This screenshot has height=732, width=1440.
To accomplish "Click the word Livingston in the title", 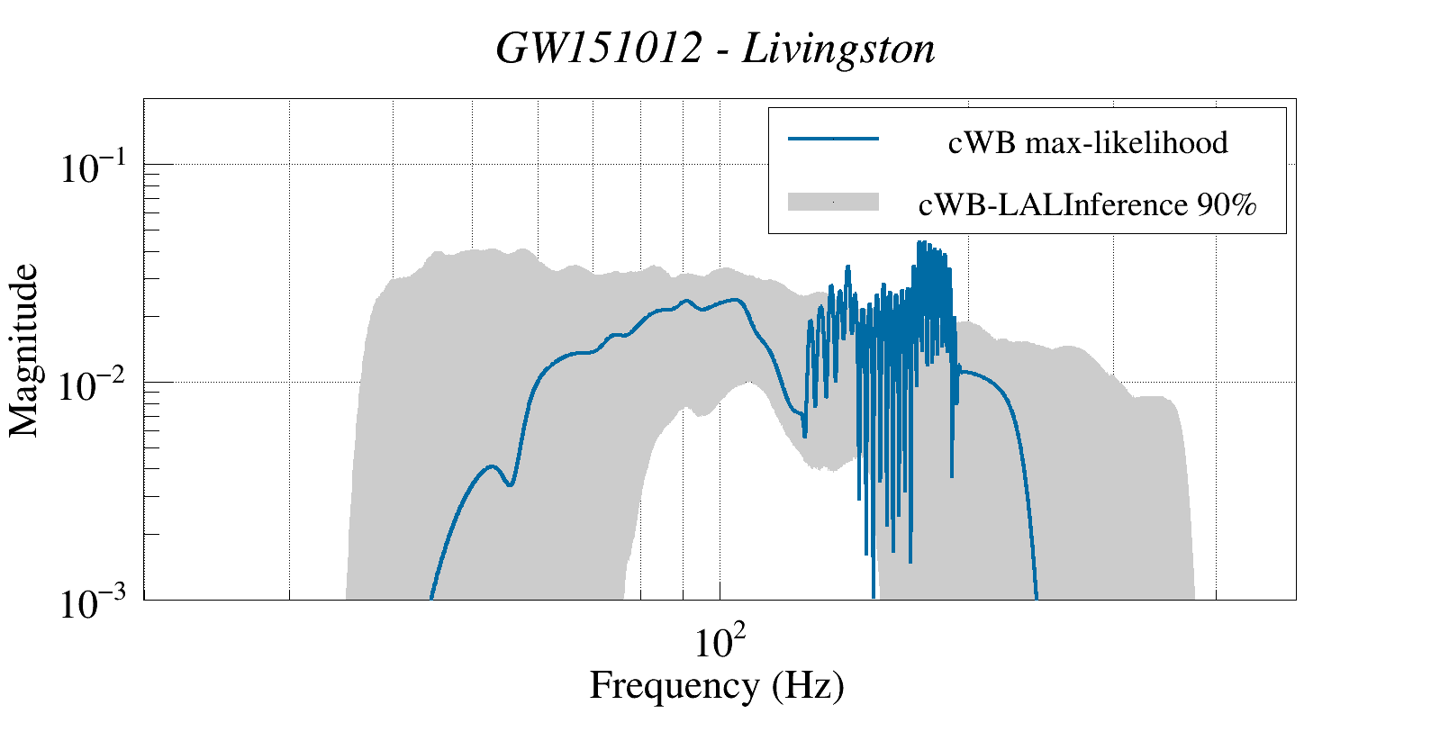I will click(x=838, y=49).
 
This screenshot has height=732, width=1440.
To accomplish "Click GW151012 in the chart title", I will click(x=599, y=49).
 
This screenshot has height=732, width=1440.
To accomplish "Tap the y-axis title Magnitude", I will click(x=24, y=350).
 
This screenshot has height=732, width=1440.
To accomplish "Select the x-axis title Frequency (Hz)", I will click(x=717, y=685).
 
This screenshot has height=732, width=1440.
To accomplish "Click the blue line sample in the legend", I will click(x=833, y=140).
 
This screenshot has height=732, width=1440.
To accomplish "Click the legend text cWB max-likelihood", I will click(x=1088, y=142).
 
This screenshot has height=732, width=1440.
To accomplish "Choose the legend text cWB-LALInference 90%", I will click(x=1087, y=205).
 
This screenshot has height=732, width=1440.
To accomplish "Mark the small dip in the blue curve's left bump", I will click(x=511, y=484).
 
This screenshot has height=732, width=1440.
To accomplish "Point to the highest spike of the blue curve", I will click(x=919, y=243).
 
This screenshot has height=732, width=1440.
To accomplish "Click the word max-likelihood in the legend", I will click(x=1127, y=142).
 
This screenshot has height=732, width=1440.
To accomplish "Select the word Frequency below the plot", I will click(x=674, y=685).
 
